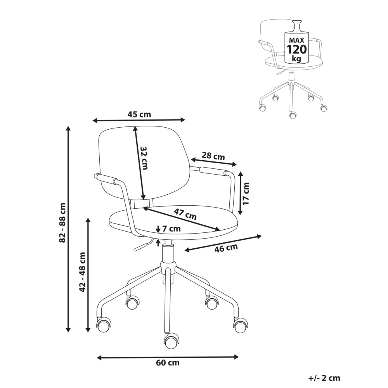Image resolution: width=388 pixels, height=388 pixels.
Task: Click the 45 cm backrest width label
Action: [x=139, y=114]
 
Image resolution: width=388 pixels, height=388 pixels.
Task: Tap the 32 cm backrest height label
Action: [x=144, y=158]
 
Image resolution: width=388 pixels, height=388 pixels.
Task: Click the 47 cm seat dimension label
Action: [x=185, y=214]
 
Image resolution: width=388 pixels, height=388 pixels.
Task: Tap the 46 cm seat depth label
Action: [x=226, y=248]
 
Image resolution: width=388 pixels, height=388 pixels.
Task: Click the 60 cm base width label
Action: [x=168, y=363]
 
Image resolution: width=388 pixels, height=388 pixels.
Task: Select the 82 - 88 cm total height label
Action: [x=62, y=222]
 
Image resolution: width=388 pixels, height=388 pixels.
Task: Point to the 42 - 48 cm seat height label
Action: [x=83, y=272]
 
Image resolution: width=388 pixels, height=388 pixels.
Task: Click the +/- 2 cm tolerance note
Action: [x=324, y=378]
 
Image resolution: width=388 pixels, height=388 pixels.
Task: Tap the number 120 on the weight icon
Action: [x=296, y=50]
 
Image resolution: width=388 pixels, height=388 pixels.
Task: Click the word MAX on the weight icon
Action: [x=296, y=40]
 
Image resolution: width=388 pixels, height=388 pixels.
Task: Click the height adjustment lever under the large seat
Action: [x=141, y=246]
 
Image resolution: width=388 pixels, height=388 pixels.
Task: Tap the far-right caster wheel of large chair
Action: [x=240, y=326]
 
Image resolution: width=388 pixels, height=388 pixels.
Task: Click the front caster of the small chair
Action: [x=293, y=115]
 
